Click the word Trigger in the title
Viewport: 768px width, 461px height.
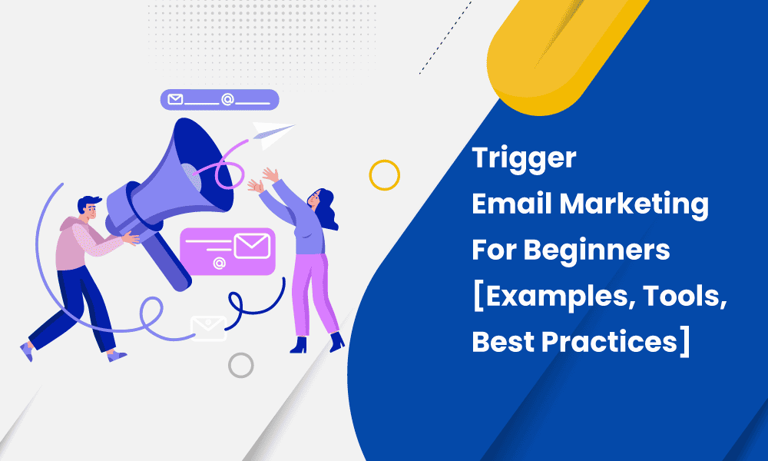pyautogui.click(x=523, y=159)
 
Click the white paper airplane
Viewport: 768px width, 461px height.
pyautogui.click(x=273, y=133)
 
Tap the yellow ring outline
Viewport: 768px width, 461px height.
pyautogui.click(x=384, y=175)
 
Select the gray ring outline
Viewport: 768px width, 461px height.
pyautogui.click(x=241, y=364)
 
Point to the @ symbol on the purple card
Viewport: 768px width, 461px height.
pyautogui.click(x=219, y=264)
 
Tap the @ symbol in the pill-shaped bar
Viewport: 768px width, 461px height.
pyautogui.click(x=227, y=100)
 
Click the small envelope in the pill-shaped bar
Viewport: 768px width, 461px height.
pyautogui.click(x=175, y=100)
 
